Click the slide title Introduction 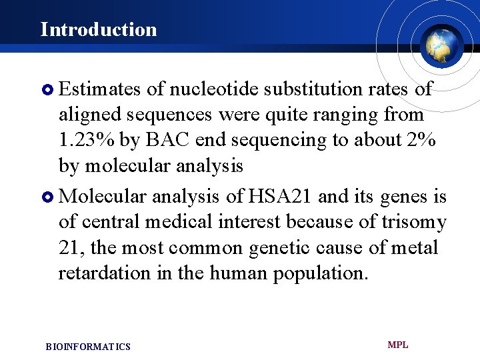[x=99, y=29]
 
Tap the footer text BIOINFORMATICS [x=88, y=347]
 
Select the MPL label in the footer [x=398, y=345]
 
